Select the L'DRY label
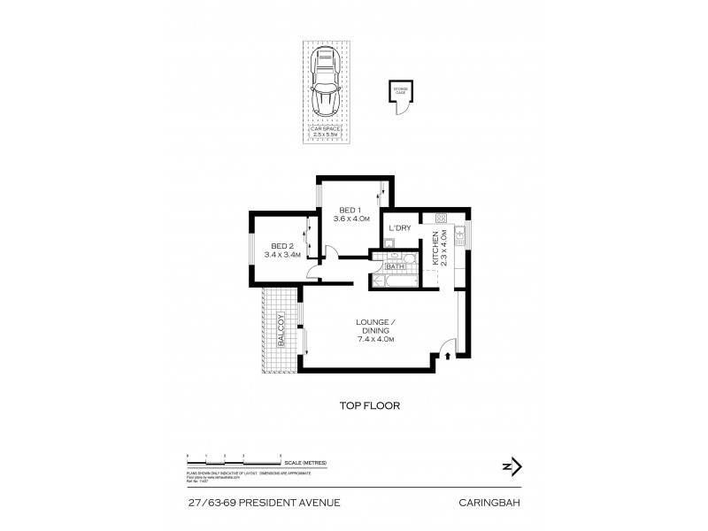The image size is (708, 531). (400, 229)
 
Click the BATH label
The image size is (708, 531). (395, 265)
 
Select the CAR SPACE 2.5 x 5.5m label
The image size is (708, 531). (325, 131)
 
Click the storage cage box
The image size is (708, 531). (400, 93)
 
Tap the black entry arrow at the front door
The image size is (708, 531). (448, 357)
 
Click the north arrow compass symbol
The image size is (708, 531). (512, 467)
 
